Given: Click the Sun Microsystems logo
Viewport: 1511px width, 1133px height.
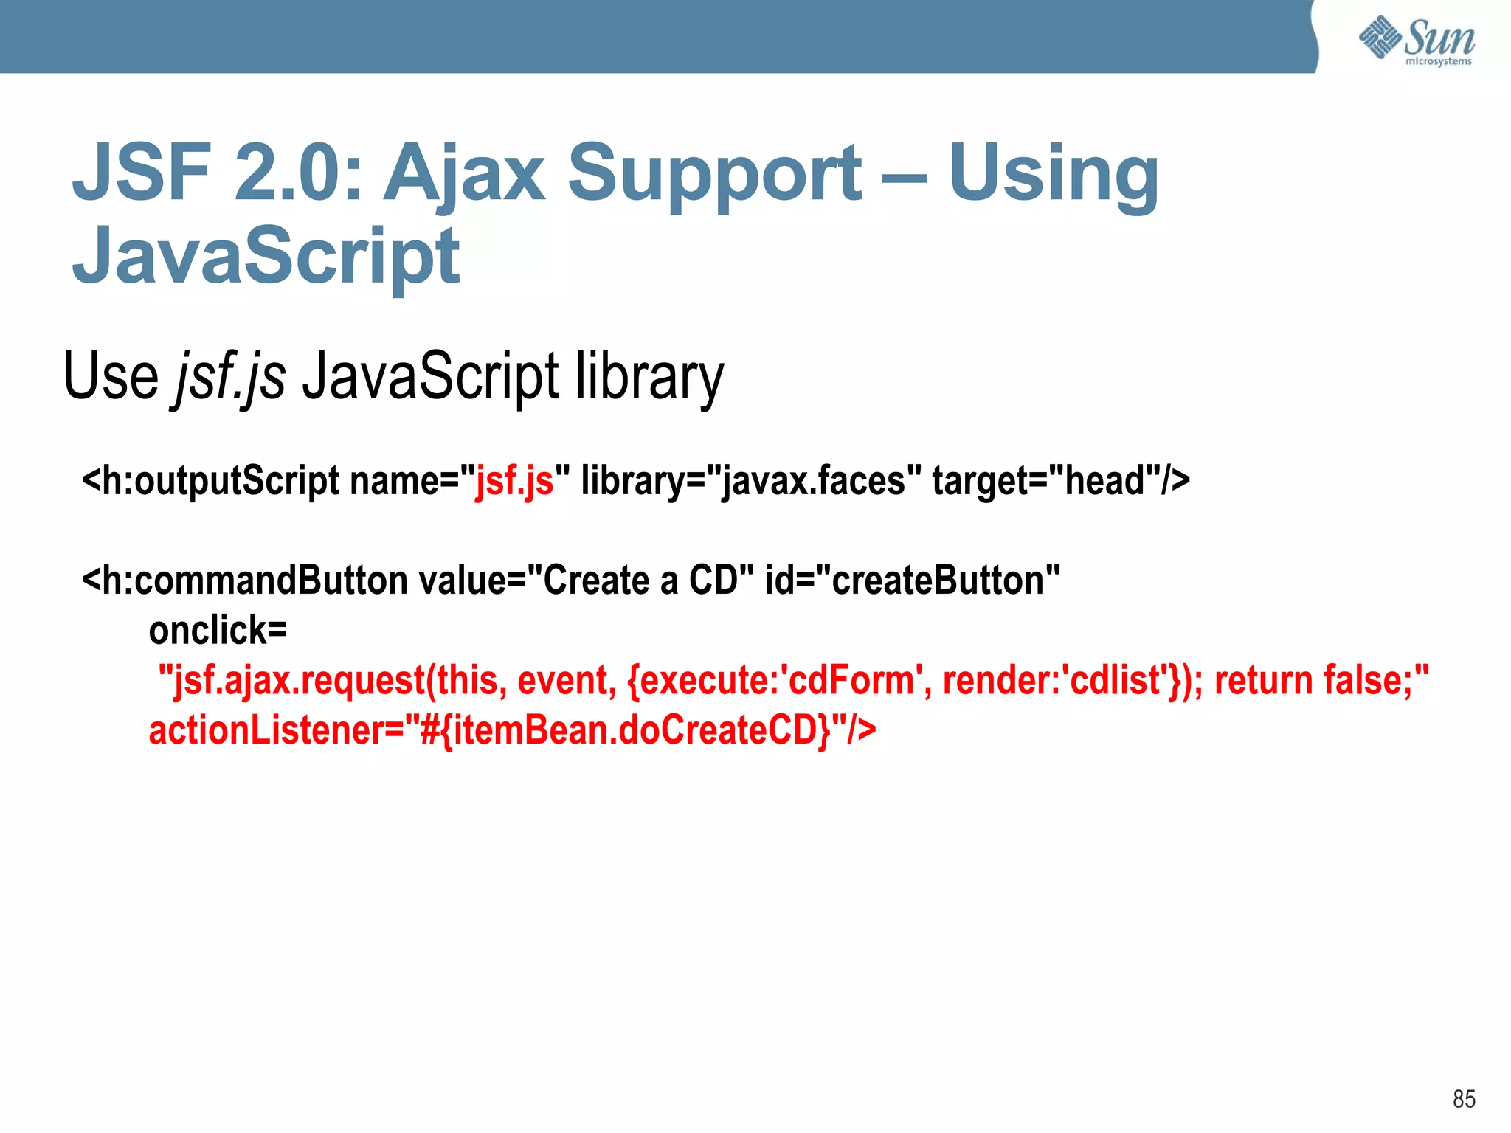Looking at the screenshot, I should [1417, 41].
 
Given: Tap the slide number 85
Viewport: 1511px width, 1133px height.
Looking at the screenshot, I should [1464, 1099].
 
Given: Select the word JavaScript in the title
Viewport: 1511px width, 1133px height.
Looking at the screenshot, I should [266, 256].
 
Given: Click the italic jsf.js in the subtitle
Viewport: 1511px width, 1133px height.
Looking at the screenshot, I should [230, 376].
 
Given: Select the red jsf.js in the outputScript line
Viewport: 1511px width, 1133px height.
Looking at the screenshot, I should [514, 481].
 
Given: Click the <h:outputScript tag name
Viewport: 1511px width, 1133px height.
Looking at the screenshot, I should [211, 481].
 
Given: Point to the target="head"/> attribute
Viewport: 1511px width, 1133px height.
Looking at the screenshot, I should [1061, 481].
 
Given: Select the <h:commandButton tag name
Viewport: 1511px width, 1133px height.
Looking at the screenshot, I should [244, 581].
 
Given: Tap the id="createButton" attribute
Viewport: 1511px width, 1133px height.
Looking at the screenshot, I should [913, 581].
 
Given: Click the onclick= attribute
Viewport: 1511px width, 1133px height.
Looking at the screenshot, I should [218, 631].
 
